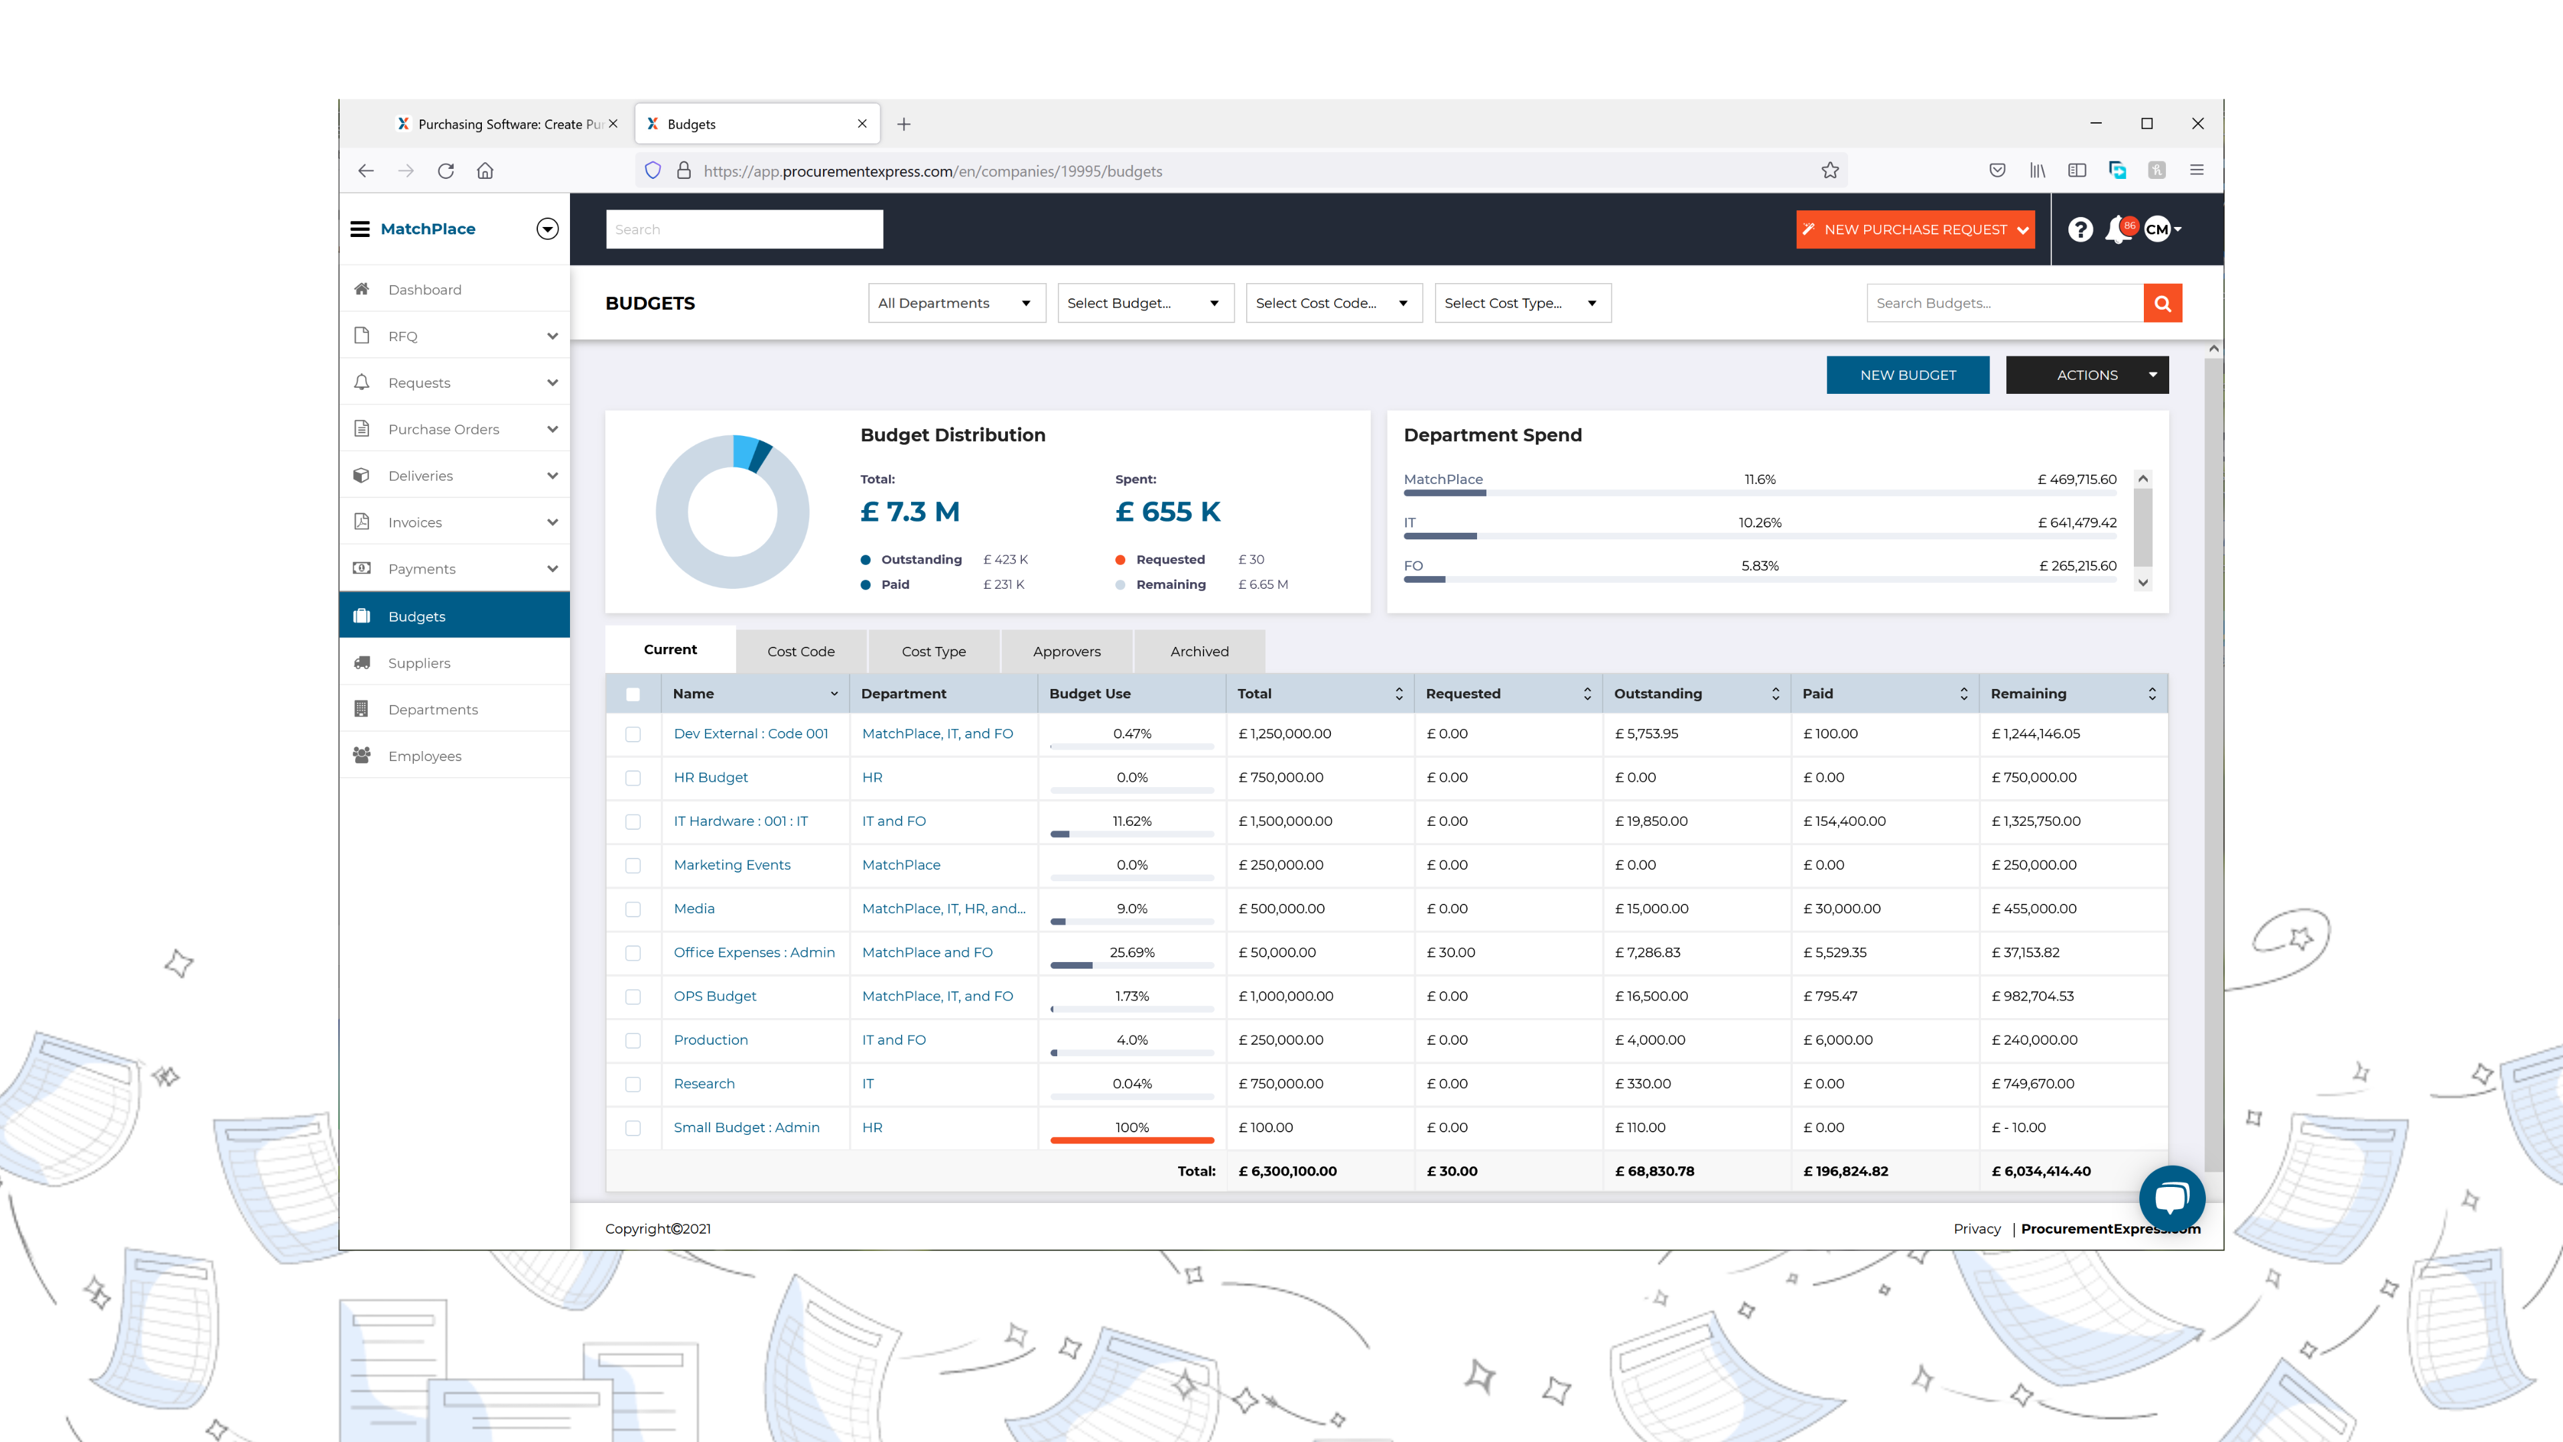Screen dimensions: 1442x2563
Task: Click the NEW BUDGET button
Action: click(x=1908, y=375)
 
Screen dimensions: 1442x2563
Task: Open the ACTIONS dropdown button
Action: click(x=2086, y=375)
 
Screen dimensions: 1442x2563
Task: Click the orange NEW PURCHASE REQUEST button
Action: click(x=1914, y=230)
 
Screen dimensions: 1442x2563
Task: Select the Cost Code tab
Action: click(x=801, y=652)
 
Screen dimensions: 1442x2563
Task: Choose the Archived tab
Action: click(x=1199, y=652)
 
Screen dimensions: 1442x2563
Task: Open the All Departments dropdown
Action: click(x=955, y=304)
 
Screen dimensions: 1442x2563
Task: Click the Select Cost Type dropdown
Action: click(x=1521, y=304)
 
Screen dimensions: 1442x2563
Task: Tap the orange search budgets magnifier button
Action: click(x=2162, y=304)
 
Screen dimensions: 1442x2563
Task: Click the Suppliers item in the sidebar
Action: click(x=419, y=663)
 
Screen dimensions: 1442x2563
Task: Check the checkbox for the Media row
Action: click(x=633, y=909)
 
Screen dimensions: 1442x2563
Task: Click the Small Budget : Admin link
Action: click(x=746, y=1128)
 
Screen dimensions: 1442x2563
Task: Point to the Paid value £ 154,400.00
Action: click(x=1843, y=821)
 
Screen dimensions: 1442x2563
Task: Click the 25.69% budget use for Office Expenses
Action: click(x=1131, y=953)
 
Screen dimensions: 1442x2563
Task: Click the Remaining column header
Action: click(x=2028, y=694)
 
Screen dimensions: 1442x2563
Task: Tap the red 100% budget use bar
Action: click(x=1131, y=1140)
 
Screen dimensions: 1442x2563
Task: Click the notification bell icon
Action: click(x=2117, y=230)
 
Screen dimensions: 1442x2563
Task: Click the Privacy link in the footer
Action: click(x=1976, y=1229)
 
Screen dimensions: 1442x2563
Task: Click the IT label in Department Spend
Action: click(x=1409, y=523)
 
